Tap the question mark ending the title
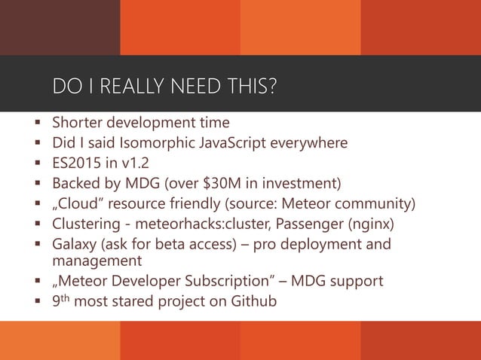point(271,87)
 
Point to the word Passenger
point(304,224)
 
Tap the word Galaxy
point(74,244)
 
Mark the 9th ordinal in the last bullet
point(61,301)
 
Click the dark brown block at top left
point(60,27)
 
